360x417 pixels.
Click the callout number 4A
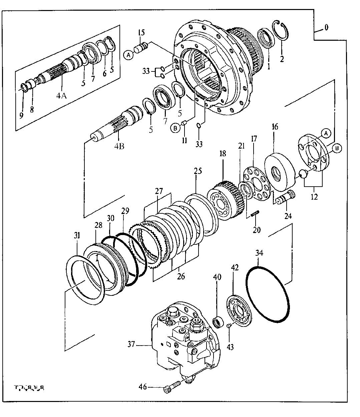pyautogui.click(x=61, y=96)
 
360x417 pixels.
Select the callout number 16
pyautogui.click(x=274, y=127)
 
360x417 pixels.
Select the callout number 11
pyautogui.click(x=185, y=141)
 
